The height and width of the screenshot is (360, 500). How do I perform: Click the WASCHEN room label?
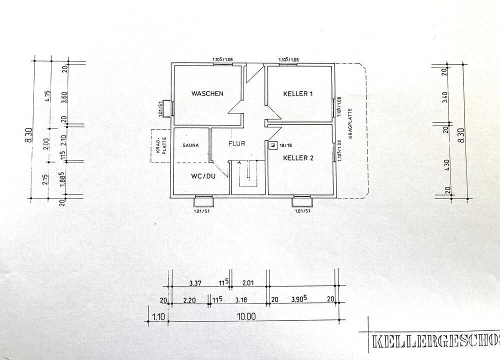click(207, 93)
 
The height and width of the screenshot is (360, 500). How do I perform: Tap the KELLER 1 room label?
click(298, 93)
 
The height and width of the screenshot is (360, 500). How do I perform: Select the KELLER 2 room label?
click(298, 158)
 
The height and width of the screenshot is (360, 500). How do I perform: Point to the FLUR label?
click(236, 144)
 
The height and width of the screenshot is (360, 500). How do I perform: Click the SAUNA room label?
click(190, 145)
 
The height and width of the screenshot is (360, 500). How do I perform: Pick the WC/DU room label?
click(203, 176)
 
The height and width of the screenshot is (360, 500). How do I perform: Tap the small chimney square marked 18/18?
click(272, 145)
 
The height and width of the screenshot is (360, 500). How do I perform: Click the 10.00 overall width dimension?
click(246, 316)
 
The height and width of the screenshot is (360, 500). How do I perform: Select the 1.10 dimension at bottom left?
click(158, 316)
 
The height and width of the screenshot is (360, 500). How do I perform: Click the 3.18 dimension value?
click(240, 300)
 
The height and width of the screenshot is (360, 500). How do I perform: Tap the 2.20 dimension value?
click(189, 300)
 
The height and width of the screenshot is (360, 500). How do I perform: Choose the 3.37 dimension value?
click(195, 283)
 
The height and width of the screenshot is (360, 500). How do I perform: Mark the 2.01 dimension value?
click(248, 283)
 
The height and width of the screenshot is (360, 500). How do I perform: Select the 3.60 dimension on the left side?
click(64, 97)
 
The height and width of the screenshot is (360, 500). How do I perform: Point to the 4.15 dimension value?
click(47, 96)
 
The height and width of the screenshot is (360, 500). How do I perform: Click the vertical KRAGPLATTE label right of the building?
click(350, 123)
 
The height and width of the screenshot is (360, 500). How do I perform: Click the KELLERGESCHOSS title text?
click(435, 341)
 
